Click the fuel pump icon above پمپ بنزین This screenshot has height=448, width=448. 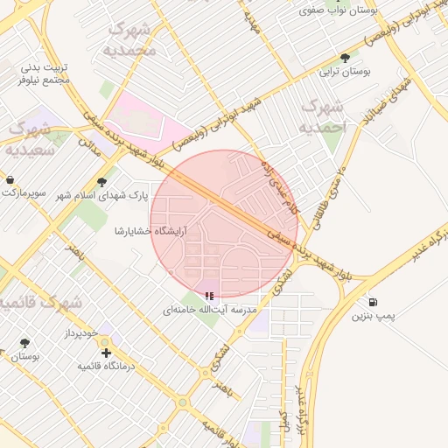pyautogui.click(x=374, y=301)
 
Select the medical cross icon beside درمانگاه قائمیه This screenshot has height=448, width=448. pyautogui.click(x=106, y=353)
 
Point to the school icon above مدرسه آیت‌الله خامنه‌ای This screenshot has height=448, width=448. pyautogui.click(x=209, y=297)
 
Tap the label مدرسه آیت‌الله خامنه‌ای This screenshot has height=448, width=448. pyautogui.click(x=210, y=311)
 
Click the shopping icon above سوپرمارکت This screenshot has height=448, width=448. pyautogui.click(x=10, y=179)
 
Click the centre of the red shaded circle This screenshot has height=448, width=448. pyautogui.click(x=224, y=224)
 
